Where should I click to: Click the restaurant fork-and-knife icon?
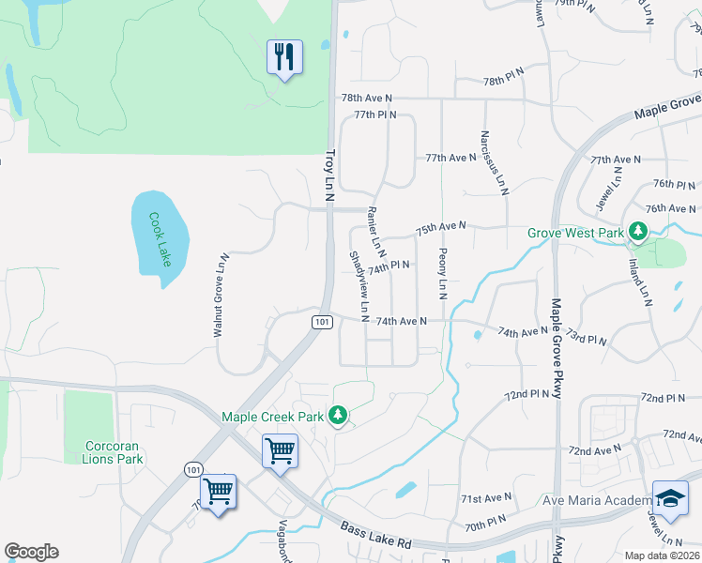(x=284, y=57)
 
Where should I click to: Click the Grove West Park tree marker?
(x=638, y=231)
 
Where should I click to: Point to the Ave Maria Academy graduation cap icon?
(x=670, y=498)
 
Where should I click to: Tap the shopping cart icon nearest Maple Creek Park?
(x=281, y=450)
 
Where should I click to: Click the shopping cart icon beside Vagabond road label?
(x=219, y=491)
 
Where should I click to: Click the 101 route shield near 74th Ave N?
(x=320, y=322)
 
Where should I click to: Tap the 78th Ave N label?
(x=366, y=98)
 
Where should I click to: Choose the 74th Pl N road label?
(x=389, y=267)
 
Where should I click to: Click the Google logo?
(x=31, y=552)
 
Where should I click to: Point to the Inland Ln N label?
(x=645, y=282)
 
